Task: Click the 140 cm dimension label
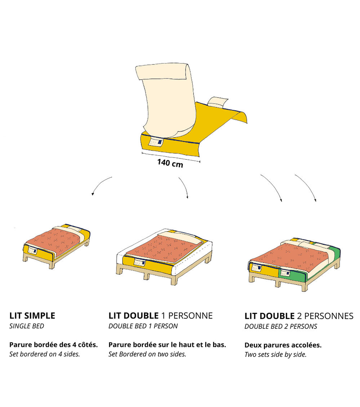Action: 170,163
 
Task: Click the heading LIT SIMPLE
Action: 32,316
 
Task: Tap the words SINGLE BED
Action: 27,326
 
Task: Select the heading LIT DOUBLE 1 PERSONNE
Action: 160,316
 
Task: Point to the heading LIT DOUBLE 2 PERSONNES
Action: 299,316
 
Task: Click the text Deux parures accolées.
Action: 283,345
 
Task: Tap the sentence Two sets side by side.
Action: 276,354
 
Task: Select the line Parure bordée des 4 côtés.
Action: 53,345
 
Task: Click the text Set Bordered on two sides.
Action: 147,354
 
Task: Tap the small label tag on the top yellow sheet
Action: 156,142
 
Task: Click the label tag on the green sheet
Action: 285,273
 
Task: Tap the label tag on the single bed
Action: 32,251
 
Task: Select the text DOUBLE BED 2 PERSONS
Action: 281,327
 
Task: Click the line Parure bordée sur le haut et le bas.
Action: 167,345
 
